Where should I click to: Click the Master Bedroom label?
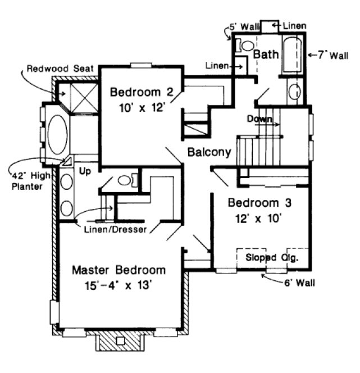point(119,270)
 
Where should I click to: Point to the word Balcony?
point(209,152)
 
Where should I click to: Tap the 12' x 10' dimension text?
point(258,219)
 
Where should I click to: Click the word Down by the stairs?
point(259,119)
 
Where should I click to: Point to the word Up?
point(85,170)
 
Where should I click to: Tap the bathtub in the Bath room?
point(293,56)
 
